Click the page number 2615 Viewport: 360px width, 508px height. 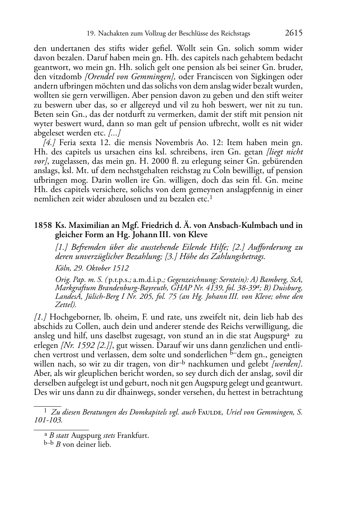pyautogui.click(x=294, y=33)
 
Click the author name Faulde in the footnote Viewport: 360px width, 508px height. pyautogui.click(x=210, y=412)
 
